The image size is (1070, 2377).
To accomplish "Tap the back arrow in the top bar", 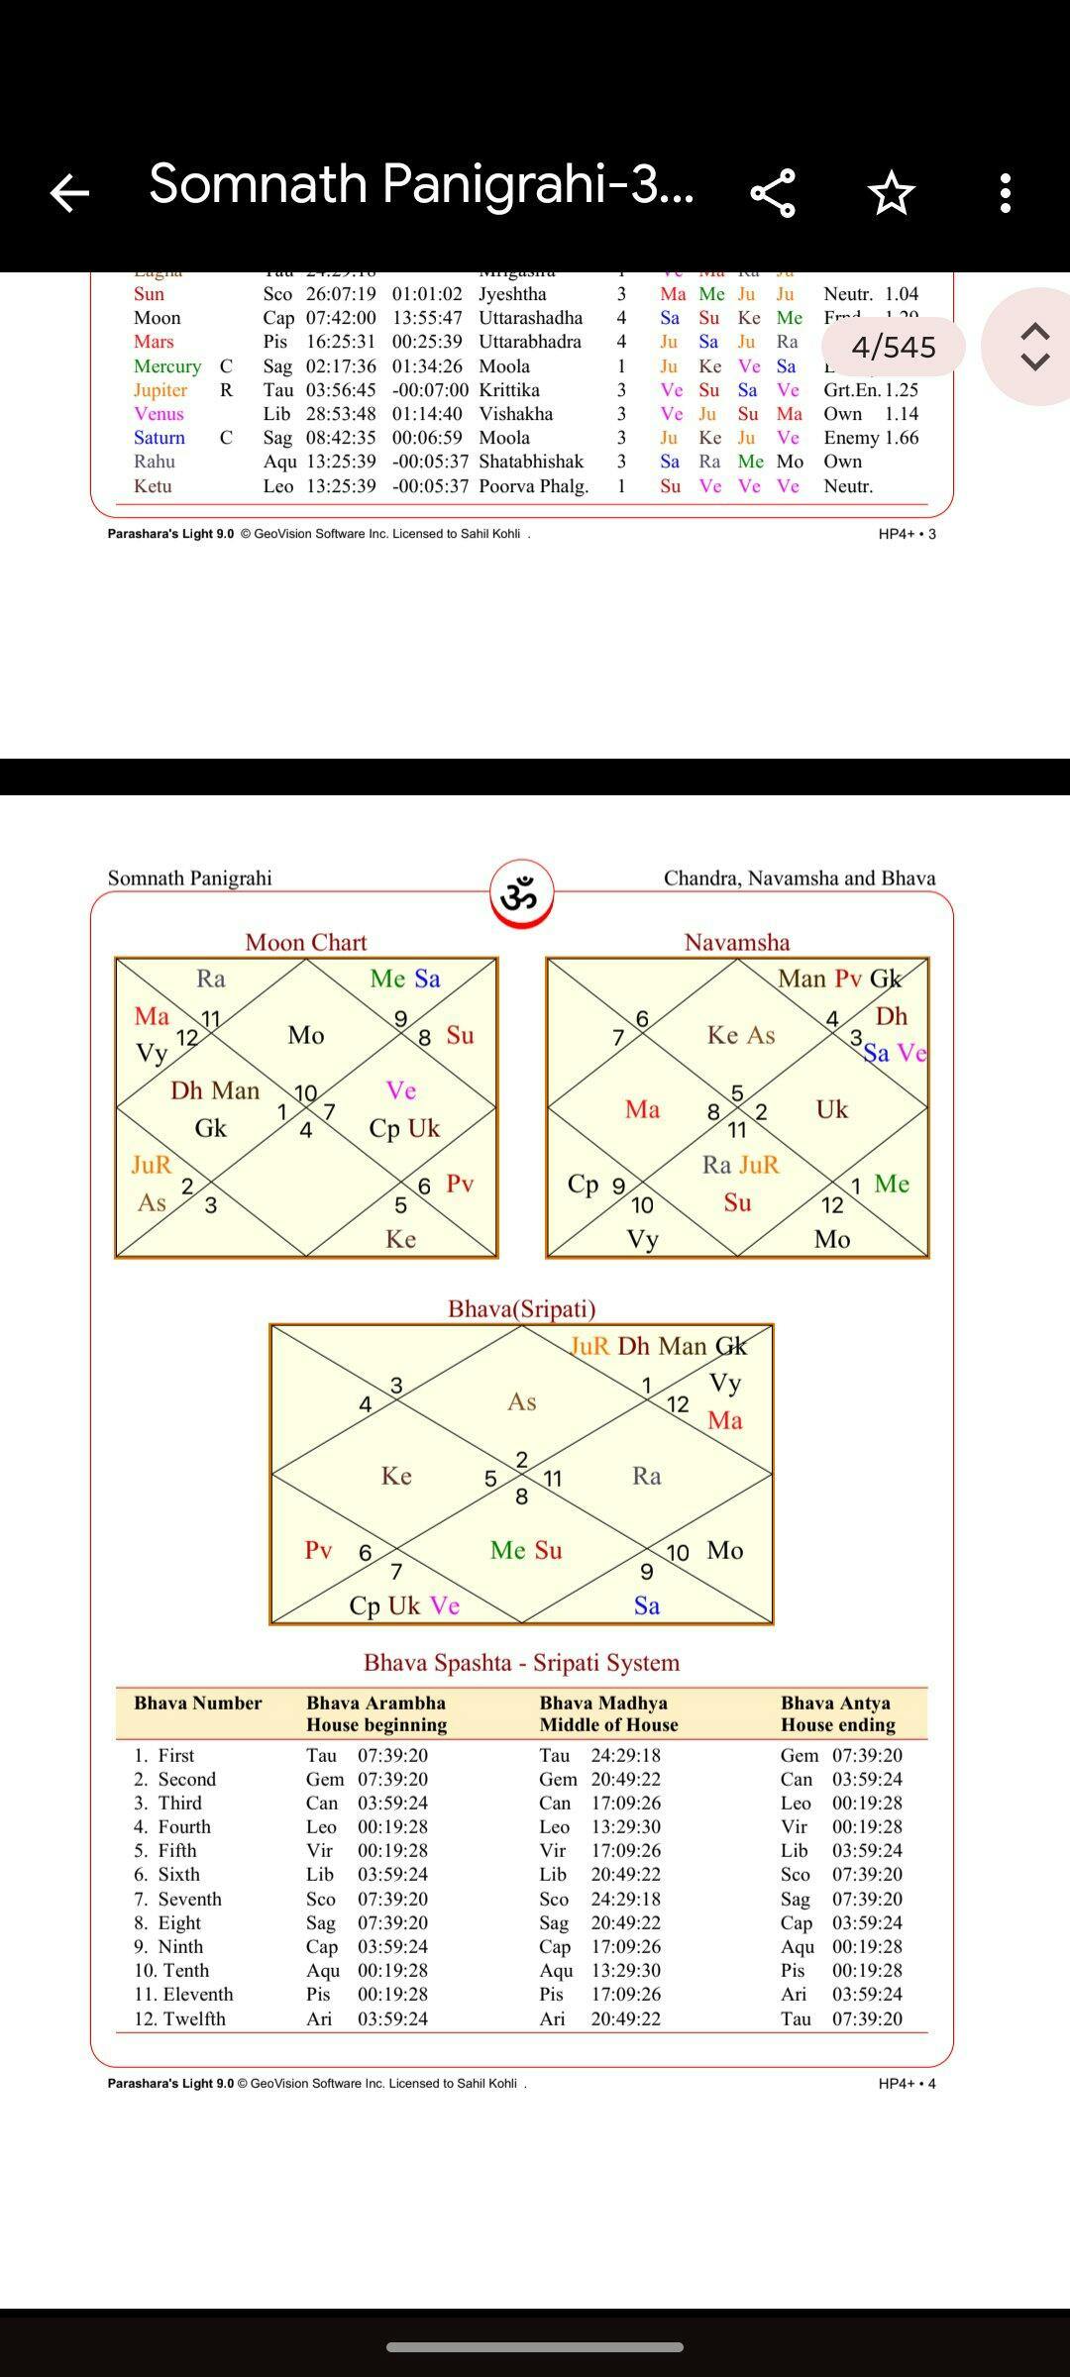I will click(69, 192).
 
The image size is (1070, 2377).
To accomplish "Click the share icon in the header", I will click(773, 192).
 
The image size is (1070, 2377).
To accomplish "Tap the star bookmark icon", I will click(891, 192).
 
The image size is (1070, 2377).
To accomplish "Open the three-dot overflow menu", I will click(1006, 192).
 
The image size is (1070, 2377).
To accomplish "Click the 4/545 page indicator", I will click(893, 347).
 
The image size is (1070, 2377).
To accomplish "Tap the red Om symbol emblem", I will click(521, 894).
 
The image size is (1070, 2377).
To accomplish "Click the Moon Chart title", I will click(305, 942).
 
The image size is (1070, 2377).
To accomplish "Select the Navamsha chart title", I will click(736, 942).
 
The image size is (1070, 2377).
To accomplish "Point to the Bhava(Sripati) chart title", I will click(521, 1309).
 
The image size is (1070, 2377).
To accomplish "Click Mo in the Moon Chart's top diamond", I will click(305, 1035).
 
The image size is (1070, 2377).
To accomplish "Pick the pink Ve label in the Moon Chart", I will click(400, 1090).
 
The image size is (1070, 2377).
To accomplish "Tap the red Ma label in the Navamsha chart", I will click(642, 1109).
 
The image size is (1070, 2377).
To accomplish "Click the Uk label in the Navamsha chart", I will click(831, 1109).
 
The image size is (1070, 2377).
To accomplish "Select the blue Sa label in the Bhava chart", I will click(646, 1605).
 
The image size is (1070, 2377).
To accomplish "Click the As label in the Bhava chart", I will click(521, 1401).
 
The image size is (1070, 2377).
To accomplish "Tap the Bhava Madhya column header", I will click(608, 1713).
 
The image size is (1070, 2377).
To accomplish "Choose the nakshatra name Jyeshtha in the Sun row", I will click(512, 294).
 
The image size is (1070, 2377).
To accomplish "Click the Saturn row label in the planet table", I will click(160, 438).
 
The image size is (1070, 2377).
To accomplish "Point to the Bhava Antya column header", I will click(837, 1713).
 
